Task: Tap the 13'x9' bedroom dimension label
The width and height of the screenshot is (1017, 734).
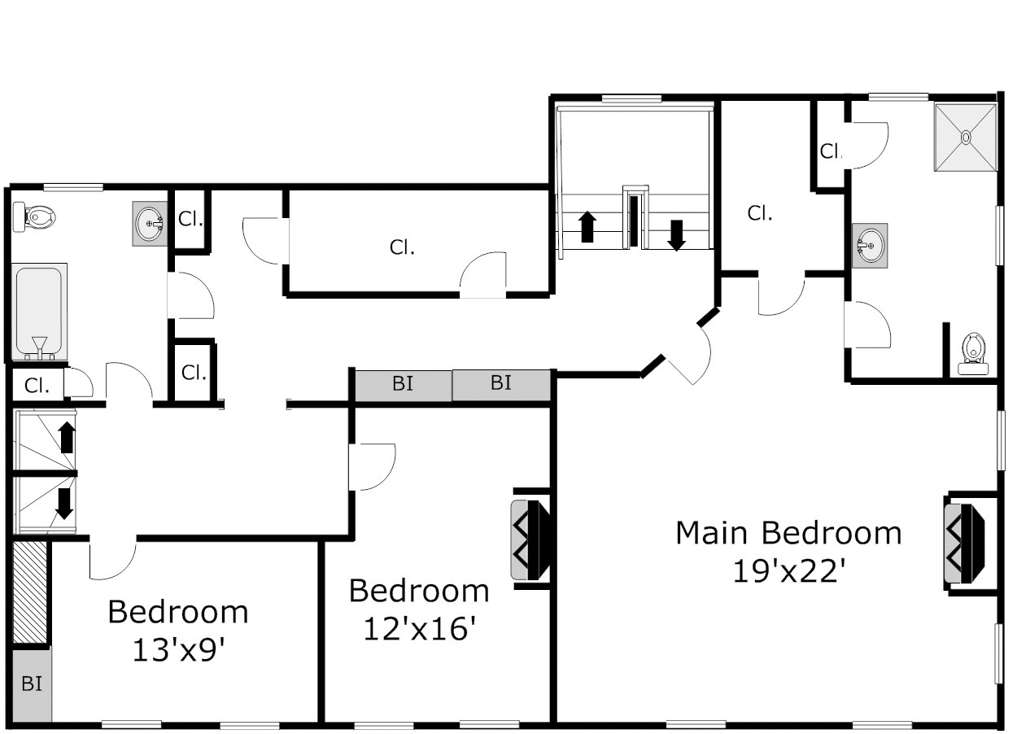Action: [179, 650]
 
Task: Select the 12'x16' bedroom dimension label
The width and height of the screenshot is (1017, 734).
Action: [419, 629]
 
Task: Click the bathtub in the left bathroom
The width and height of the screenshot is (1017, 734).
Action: [39, 312]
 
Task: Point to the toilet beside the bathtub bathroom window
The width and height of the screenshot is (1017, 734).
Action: [33, 217]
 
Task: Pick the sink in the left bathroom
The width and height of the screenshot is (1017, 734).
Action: [150, 224]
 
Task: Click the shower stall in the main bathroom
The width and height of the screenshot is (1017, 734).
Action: [966, 138]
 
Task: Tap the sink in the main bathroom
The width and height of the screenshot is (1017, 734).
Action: [870, 245]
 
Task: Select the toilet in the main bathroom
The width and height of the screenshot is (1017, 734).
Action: [973, 355]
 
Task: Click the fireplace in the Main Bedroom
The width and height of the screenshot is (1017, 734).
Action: [964, 544]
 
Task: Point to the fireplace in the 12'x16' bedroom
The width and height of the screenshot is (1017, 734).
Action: [530, 540]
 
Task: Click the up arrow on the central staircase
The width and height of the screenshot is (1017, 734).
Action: [587, 227]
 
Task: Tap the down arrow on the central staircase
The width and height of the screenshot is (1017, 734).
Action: [676, 236]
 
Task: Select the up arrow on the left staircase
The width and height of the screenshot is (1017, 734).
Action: [67, 437]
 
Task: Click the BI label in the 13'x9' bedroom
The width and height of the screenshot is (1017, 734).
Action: [32, 684]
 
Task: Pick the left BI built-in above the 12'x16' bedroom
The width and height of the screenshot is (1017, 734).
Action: [404, 386]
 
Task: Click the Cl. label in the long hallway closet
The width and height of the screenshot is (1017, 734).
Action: [402, 247]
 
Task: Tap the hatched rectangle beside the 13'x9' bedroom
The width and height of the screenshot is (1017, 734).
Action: [30, 592]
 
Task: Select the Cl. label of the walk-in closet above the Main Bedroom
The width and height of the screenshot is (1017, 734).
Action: [760, 213]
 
